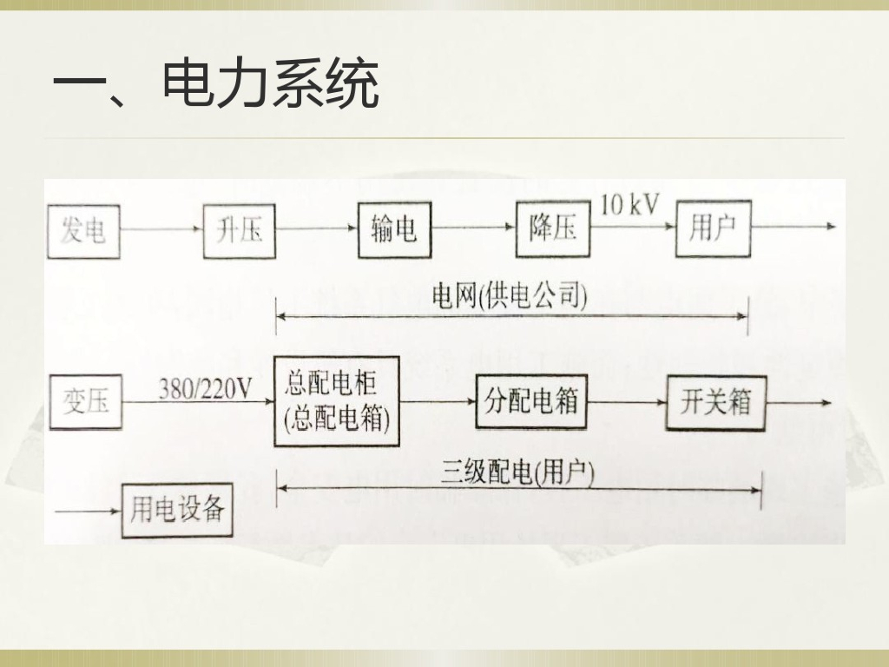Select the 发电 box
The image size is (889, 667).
click(83, 230)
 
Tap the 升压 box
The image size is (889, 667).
click(239, 230)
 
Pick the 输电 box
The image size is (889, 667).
click(394, 229)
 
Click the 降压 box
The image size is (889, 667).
click(552, 229)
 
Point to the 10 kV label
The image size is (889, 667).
click(630, 206)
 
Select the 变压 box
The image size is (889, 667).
click(85, 402)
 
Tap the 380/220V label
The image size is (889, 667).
click(205, 389)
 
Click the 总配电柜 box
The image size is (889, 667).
click(337, 400)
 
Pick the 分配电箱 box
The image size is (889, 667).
click(531, 402)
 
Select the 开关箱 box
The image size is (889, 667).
click(715, 402)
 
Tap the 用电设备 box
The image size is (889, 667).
click(177, 510)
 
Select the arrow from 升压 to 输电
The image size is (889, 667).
click(317, 229)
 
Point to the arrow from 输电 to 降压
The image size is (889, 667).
click(473, 228)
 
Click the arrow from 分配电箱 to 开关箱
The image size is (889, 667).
click(626, 402)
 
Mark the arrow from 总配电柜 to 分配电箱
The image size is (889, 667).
click(438, 402)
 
